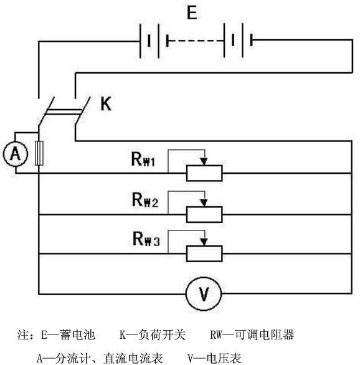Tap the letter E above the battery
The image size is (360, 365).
(192, 13)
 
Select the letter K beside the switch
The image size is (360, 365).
(106, 103)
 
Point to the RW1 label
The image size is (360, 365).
(143, 159)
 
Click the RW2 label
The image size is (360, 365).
(145, 200)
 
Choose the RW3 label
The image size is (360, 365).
(146, 239)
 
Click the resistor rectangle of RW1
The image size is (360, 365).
(204, 173)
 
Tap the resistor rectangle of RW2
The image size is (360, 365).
(204, 214)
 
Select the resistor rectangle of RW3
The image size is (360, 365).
(204, 254)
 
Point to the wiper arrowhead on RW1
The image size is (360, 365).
(204, 161)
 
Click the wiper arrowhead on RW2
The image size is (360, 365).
(204, 203)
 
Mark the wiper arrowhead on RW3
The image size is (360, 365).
(204, 242)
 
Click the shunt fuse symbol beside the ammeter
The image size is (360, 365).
(39, 153)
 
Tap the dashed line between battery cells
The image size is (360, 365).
(196, 40)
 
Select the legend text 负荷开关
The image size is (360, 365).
(162, 334)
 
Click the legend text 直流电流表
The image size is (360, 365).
(133, 358)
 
